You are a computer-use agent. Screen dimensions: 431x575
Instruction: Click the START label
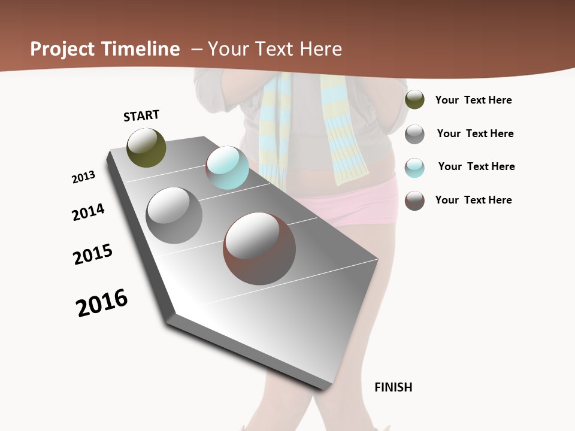click(x=141, y=116)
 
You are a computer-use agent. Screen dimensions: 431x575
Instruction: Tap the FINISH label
click(x=394, y=387)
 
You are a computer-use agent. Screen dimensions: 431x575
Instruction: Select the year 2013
click(x=83, y=177)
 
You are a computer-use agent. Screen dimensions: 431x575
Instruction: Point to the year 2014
click(x=88, y=213)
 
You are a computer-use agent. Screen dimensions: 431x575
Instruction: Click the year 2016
click(x=102, y=303)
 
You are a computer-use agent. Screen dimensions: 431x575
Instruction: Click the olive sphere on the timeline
click(x=146, y=147)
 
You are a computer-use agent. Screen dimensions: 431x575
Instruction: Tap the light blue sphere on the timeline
click(x=227, y=168)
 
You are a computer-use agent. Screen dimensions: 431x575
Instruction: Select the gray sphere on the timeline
click(x=174, y=215)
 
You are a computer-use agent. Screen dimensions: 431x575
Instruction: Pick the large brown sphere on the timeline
click(x=259, y=248)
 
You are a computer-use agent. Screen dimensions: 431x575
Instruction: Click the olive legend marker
click(x=414, y=99)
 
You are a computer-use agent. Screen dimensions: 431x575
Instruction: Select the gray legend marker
click(x=414, y=134)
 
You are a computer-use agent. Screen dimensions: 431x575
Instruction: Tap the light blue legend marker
click(x=414, y=168)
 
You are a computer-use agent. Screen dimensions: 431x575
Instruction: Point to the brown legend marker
click(x=414, y=201)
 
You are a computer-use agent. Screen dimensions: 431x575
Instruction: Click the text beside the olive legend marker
click(x=473, y=100)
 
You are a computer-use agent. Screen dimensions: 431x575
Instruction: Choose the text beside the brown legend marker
click(x=473, y=200)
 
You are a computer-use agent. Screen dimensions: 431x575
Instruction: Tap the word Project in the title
click(x=62, y=49)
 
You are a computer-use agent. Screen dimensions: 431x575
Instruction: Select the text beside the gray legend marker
click(x=475, y=133)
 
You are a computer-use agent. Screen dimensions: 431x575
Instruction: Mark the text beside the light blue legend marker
click(x=476, y=166)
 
